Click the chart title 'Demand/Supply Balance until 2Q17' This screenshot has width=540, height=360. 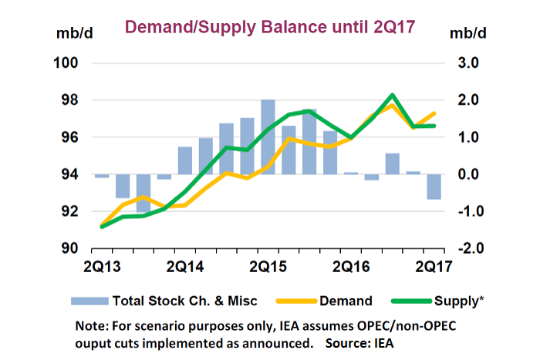pyautogui.click(x=270, y=27)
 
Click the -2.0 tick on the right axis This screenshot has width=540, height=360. pyautogui.click(x=470, y=248)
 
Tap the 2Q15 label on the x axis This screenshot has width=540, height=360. pyautogui.click(x=268, y=267)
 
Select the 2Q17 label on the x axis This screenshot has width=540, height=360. pyautogui.click(x=435, y=267)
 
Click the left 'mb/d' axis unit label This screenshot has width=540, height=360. pyautogui.click(x=73, y=34)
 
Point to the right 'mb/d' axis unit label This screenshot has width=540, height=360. pyautogui.click(x=471, y=34)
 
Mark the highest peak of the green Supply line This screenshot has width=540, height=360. pyautogui.click(x=393, y=96)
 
